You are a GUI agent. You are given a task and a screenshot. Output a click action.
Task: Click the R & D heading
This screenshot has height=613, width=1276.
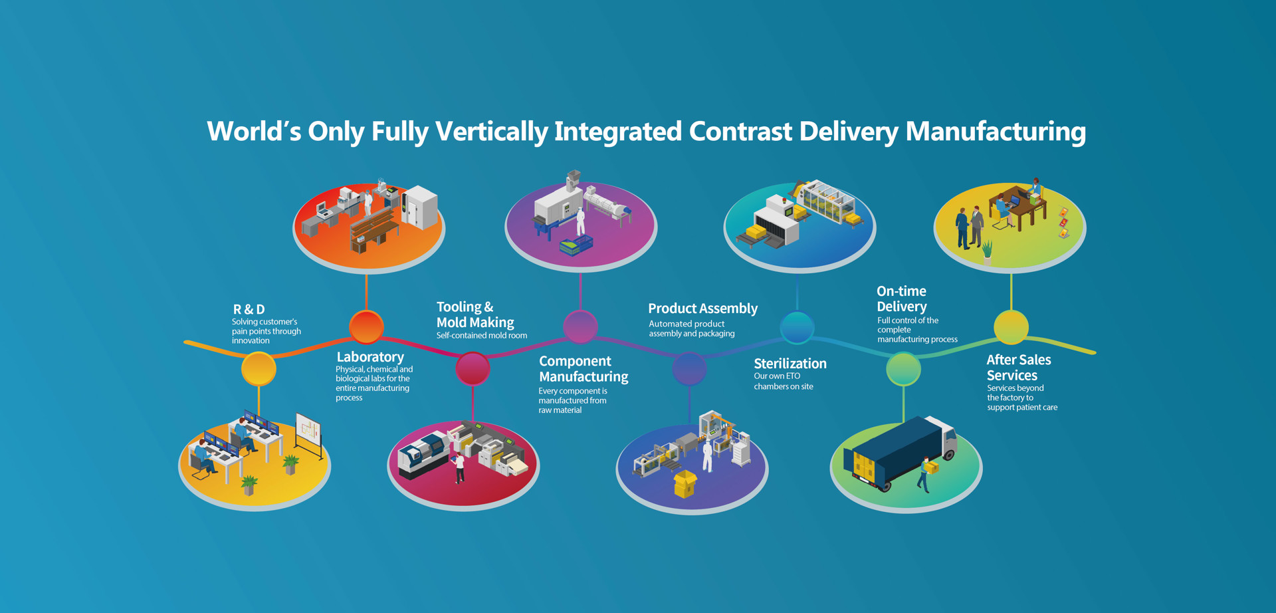[249, 309]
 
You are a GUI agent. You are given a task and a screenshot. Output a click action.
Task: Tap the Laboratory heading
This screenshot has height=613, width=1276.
[370, 357]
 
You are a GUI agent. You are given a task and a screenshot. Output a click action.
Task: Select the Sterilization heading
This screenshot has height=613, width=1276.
[790, 364]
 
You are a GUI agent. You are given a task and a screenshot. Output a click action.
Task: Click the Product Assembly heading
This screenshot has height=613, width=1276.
[702, 308]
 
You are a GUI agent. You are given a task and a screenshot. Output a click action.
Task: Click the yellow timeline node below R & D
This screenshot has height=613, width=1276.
[259, 369]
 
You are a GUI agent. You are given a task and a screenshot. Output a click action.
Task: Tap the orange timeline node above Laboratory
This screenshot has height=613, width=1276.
[366, 326]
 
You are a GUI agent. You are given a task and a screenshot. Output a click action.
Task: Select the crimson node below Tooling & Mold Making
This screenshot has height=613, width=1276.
[473, 368]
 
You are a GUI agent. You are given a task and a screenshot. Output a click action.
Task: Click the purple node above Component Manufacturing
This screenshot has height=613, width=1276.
[580, 326]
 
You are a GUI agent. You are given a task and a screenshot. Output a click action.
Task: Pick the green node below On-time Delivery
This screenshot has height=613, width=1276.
[903, 369]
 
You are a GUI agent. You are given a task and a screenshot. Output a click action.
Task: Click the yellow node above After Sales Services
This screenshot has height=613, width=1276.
[1011, 326]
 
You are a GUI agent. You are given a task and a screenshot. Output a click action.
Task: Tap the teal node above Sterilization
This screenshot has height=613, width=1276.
[797, 326]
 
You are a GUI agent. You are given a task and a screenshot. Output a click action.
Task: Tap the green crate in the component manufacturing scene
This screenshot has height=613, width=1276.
[576, 246]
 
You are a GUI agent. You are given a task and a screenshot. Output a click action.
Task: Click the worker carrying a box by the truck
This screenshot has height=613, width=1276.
[926, 473]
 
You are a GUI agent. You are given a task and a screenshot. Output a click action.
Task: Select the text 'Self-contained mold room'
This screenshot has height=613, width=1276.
[481, 336]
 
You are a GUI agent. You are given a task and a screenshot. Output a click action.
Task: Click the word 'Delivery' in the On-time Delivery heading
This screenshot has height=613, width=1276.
[901, 306]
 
